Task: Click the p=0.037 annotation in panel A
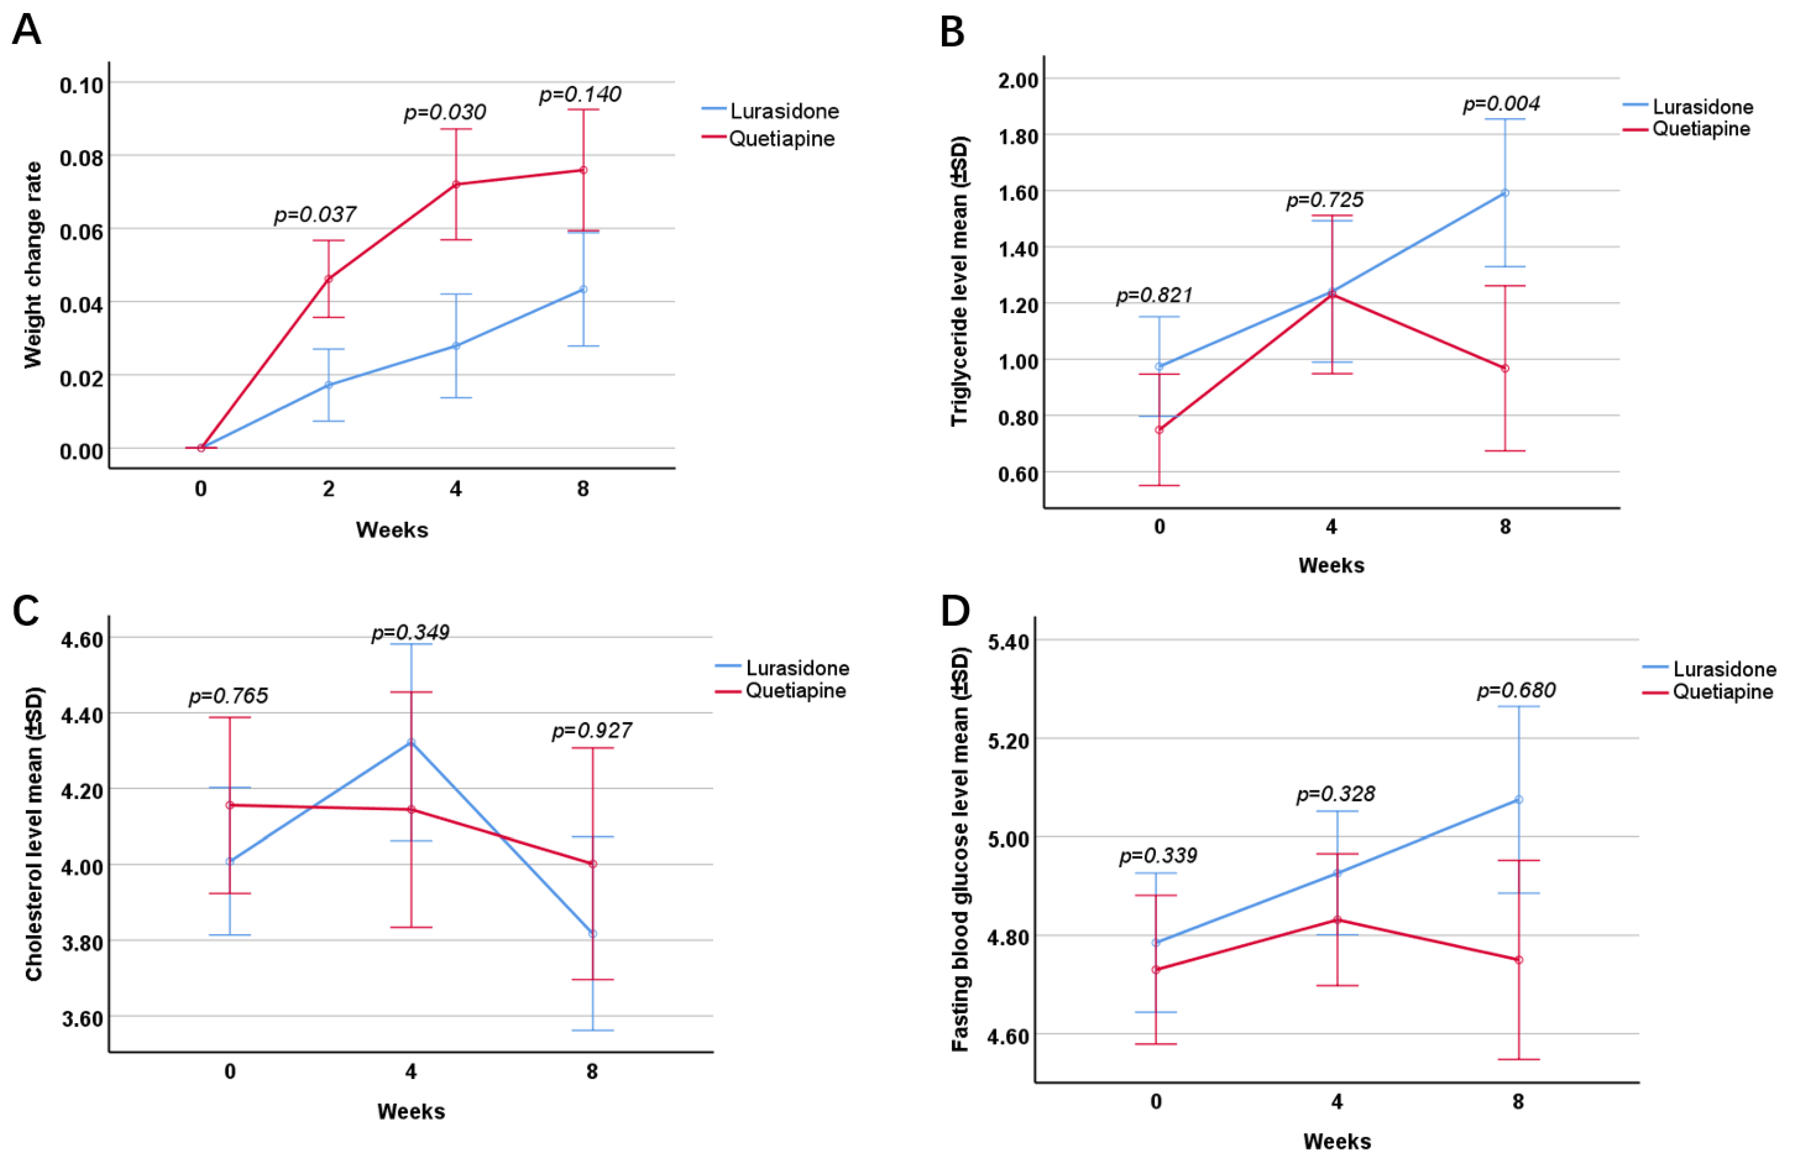pos(315,215)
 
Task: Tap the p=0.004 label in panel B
pos(1501,104)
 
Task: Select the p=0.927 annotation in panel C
pos(592,731)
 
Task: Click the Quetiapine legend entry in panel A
pos(768,139)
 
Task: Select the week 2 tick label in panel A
pos(328,489)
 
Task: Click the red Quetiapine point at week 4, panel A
pos(456,184)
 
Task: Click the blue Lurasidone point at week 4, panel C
pos(410,742)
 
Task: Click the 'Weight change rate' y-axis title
pos(33,265)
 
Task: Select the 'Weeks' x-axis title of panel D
pos(1337,1142)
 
